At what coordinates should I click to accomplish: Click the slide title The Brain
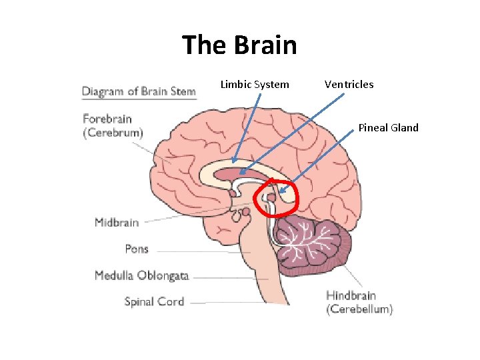pos(239,45)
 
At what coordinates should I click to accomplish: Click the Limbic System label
pos(255,85)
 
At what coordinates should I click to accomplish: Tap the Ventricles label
pos(349,85)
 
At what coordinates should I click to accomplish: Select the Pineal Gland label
pos(388,127)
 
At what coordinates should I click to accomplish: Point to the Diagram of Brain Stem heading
pos(139,91)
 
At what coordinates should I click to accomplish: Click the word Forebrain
pos(107,119)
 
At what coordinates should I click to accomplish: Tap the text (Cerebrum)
pos(113,133)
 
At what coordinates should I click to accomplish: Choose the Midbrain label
pos(117,223)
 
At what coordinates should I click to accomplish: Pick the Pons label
pos(137,249)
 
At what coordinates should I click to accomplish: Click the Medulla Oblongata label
pos(141,275)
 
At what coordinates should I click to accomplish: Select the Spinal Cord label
pos(154,301)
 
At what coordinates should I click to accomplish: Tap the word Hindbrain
pos(351,295)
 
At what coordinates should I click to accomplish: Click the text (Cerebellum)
pos(359,309)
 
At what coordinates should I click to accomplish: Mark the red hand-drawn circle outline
pos(297,197)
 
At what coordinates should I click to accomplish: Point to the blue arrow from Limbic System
pos(247,127)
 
